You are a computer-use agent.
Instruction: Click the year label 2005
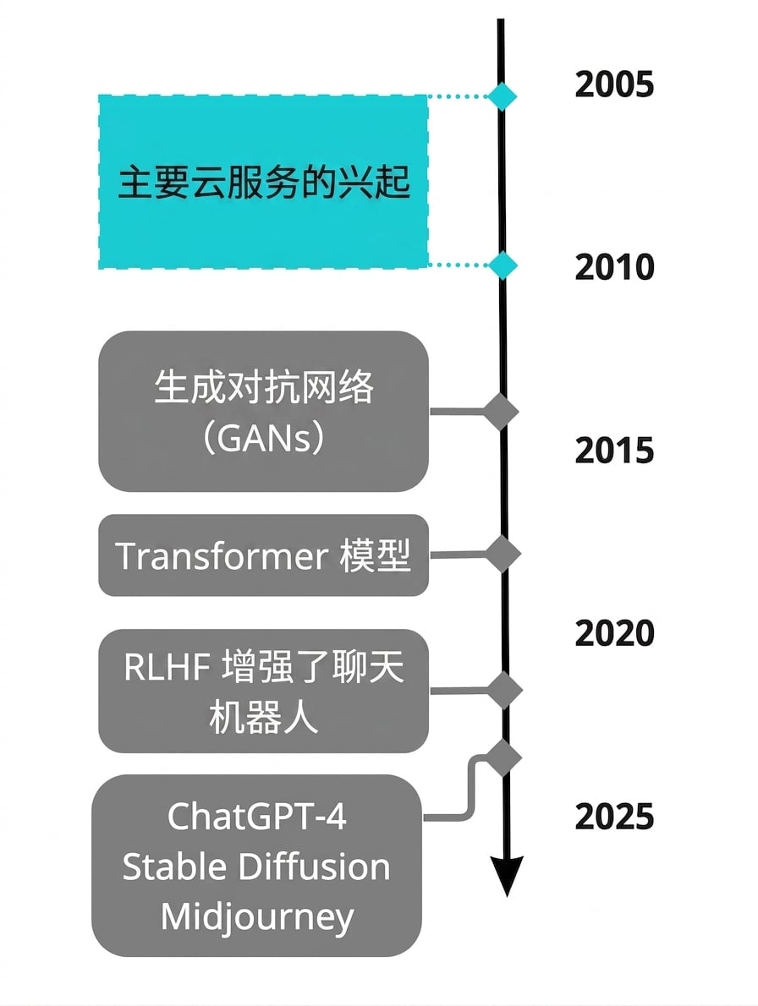click(x=614, y=85)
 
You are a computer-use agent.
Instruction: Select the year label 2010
click(x=614, y=267)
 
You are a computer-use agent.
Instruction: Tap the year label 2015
click(x=614, y=451)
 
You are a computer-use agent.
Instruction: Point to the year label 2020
click(x=614, y=633)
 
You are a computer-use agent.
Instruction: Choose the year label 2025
click(x=614, y=816)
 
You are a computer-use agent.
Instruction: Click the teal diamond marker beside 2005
click(x=502, y=97)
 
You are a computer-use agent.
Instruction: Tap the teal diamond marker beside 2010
click(x=502, y=265)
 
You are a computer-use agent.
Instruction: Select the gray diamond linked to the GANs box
click(x=501, y=411)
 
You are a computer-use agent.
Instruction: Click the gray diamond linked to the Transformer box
click(x=503, y=554)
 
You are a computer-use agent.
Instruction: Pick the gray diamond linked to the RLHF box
click(x=504, y=691)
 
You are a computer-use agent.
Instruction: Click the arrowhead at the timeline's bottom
click(x=507, y=876)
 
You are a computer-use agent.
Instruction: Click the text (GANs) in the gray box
click(x=264, y=439)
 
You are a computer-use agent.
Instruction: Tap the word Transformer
click(x=222, y=555)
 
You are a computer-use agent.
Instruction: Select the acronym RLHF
click(x=167, y=667)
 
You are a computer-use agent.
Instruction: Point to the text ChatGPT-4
click(x=256, y=817)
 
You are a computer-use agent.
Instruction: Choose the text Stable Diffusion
click(x=256, y=867)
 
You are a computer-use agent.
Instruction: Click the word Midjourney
click(x=256, y=918)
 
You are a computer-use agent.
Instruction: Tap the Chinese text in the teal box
click(x=264, y=183)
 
